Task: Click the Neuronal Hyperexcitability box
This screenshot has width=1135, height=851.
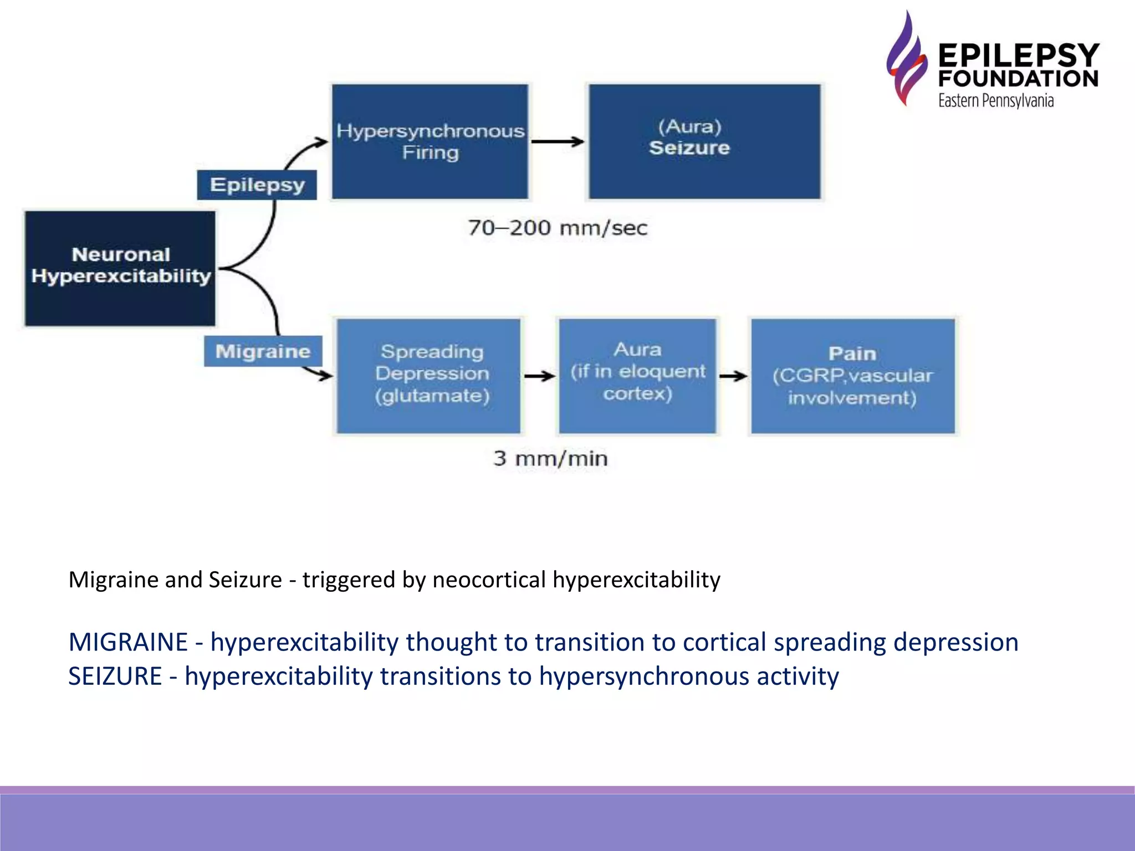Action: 120,268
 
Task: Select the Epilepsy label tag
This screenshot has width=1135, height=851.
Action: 257,184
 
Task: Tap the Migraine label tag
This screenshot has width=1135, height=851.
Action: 263,351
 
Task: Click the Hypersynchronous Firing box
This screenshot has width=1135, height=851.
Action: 430,141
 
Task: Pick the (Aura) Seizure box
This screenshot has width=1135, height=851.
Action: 704,141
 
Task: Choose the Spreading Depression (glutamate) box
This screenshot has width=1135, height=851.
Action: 430,376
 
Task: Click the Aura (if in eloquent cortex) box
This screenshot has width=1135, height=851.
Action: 637,376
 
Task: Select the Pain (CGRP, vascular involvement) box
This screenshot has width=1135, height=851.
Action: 852,376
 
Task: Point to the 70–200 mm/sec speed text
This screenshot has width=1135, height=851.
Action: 558,228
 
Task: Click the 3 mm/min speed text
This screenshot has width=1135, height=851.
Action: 550,458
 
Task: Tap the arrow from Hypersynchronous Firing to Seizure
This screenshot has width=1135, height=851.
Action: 558,141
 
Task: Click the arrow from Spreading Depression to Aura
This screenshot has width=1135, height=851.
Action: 539,376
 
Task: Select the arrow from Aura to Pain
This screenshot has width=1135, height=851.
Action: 733,376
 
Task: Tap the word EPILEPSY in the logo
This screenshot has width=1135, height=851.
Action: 1019,55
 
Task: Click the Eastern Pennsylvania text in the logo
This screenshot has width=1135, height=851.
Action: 995,101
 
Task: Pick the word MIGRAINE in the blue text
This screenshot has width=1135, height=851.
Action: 128,642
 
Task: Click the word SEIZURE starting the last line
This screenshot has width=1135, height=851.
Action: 115,676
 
